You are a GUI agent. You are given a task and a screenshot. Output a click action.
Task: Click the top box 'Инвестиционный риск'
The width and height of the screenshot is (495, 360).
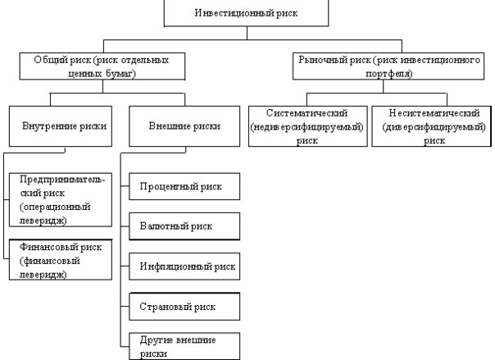246,13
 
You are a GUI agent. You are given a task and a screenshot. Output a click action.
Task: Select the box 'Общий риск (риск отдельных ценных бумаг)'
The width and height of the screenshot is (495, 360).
102,66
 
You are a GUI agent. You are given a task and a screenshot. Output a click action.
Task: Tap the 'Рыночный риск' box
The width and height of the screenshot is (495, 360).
388,66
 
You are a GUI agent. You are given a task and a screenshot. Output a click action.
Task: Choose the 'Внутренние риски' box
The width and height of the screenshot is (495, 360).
61,126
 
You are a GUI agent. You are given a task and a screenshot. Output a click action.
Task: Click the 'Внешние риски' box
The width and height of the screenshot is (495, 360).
184,126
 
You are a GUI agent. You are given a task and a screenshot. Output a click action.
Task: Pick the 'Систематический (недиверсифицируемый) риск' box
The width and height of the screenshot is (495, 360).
308,126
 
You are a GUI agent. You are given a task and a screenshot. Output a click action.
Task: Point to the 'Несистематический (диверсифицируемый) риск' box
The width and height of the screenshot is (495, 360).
432,126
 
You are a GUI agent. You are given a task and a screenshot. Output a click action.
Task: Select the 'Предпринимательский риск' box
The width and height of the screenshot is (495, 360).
61,199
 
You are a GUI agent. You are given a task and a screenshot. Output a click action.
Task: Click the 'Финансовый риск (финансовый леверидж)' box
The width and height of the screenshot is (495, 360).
61,260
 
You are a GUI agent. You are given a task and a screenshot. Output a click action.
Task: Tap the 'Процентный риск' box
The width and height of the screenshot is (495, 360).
184,186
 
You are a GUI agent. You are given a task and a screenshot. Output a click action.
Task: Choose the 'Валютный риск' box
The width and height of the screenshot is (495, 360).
184,226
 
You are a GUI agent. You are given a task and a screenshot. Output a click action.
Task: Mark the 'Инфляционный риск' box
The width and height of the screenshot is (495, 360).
184,267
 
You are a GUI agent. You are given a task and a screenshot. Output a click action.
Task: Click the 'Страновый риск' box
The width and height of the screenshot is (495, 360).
184,307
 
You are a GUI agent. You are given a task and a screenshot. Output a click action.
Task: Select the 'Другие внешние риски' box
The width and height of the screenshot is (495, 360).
184,346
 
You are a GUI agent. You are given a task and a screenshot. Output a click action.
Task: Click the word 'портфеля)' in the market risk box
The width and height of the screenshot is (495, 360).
389,74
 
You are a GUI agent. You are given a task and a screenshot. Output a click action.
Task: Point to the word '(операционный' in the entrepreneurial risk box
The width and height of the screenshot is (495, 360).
55,207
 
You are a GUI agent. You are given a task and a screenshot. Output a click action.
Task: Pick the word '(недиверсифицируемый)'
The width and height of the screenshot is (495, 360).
307,127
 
